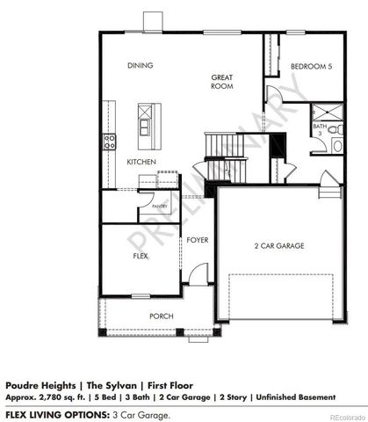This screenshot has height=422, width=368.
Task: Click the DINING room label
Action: click(141, 66)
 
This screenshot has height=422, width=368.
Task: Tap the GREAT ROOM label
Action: click(220, 82)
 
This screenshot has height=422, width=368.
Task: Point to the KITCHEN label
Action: click(141, 162)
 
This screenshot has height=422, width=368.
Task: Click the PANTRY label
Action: click(160, 206)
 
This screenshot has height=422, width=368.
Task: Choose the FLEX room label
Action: click(141, 256)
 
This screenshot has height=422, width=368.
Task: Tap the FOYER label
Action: click(196, 239)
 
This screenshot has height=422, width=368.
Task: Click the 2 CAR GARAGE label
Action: click(279, 246)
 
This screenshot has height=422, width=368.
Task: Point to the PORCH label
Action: click(161, 316)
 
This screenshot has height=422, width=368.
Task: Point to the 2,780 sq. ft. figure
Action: click(68, 396)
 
